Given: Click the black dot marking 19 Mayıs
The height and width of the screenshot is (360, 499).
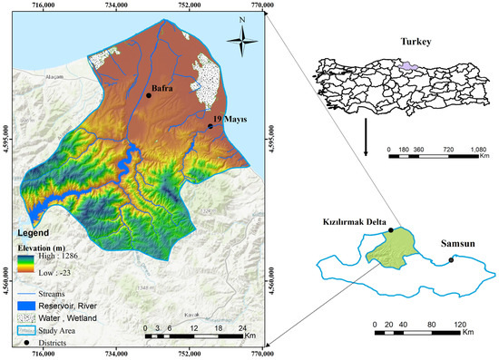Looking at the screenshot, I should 210,127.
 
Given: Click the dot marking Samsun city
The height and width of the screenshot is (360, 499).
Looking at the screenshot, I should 451,262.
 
